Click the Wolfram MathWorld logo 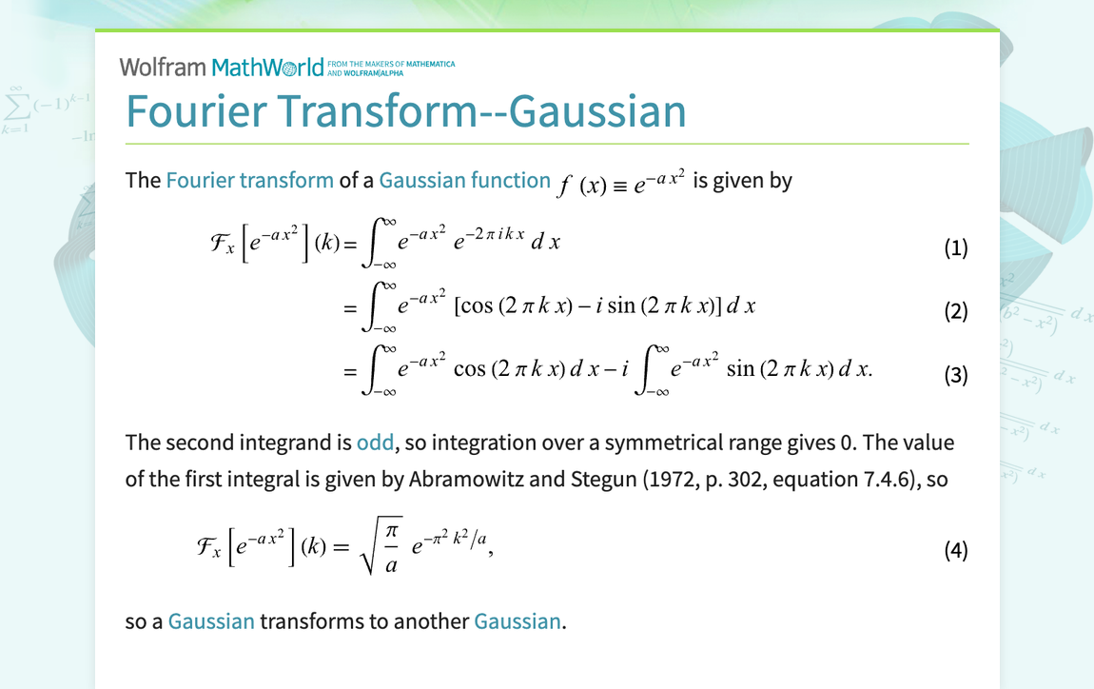pyautogui.click(x=222, y=67)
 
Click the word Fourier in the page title pyautogui.click(x=197, y=111)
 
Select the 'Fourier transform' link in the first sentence pyautogui.click(x=250, y=180)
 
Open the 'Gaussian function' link pyautogui.click(x=464, y=180)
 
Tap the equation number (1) pyautogui.click(x=956, y=247)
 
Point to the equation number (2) pyautogui.click(x=956, y=310)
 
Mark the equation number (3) pyautogui.click(x=956, y=376)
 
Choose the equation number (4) pyautogui.click(x=956, y=550)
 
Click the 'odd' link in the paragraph pyautogui.click(x=376, y=443)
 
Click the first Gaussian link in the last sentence pyautogui.click(x=211, y=621)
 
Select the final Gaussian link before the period pyautogui.click(x=517, y=621)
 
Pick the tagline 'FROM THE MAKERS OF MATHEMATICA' pyautogui.click(x=391, y=64)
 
